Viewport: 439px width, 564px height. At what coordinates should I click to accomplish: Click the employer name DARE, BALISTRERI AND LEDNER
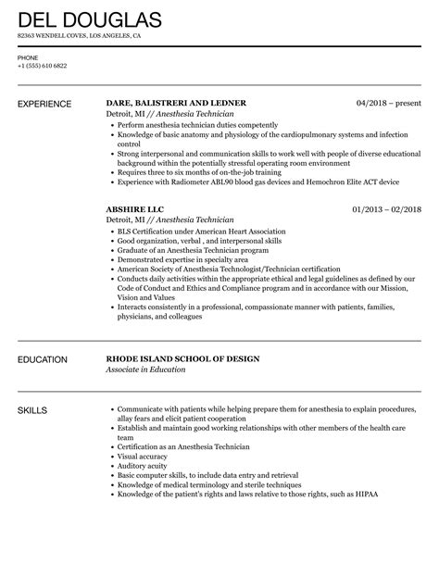coord(177,102)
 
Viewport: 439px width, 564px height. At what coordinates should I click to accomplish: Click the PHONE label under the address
coord(28,56)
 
